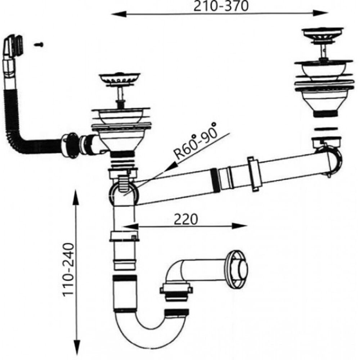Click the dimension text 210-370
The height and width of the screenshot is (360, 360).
click(221, 6)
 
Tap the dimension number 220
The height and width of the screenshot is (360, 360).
click(186, 219)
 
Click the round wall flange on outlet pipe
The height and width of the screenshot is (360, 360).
click(238, 269)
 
